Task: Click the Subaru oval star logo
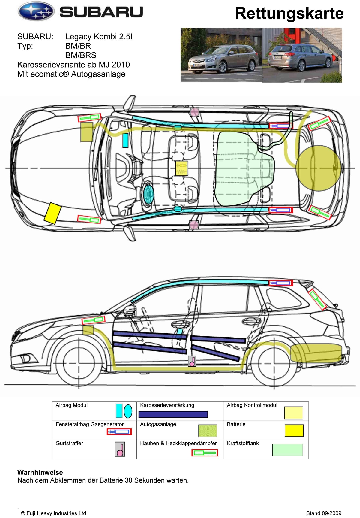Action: pyautogui.click(x=36, y=12)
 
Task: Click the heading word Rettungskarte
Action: pyautogui.click(x=289, y=13)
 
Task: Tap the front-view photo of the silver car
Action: pyautogui.click(x=221, y=55)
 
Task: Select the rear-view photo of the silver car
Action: pyautogui.click(x=302, y=55)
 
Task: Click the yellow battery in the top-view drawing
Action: pyautogui.click(x=53, y=213)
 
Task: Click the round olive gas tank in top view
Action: pyautogui.click(x=318, y=168)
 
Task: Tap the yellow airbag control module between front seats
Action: pyautogui.click(x=181, y=168)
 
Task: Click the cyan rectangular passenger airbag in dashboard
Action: pyautogui.click(x=125, y=140)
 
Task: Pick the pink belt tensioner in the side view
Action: pyautogui.click(x=192, y=361)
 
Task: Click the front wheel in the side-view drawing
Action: pyautogui.click(x=79, y=364)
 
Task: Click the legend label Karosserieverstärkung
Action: pyautogui.click(x=167, y=405)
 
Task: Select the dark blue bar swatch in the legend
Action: pyautogui.click(x=173, y=414)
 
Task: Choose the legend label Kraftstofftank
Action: pyautogui.click(x=243, y=443)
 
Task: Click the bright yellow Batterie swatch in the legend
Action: pyautogui.click(x=294, y=431)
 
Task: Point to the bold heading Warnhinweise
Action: pyautogui.click(x=40, y=472)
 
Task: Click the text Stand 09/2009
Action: pyautogui.click(x=324, y=513)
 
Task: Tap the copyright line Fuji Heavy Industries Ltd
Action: pyautogui.click(x=54, y=513)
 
